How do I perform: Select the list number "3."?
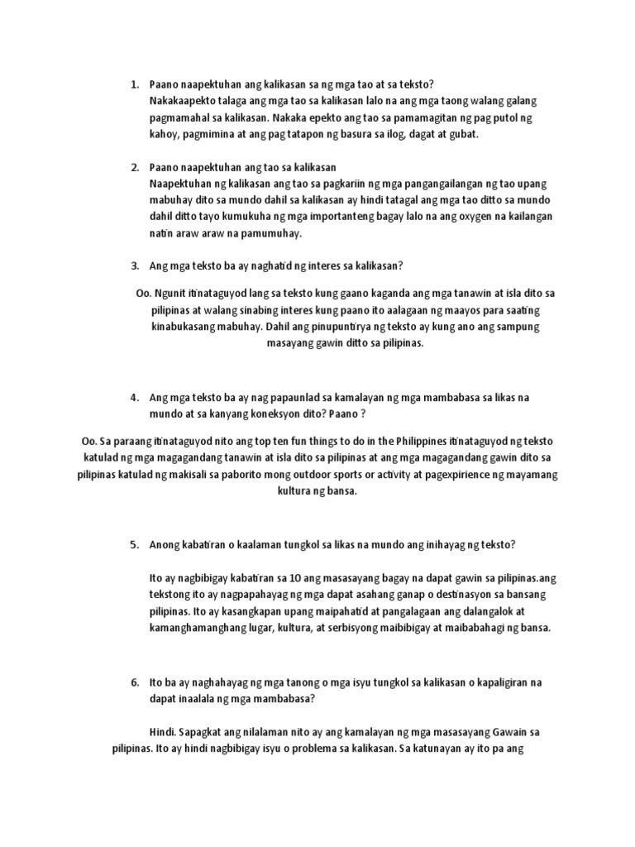(x=134, y=266)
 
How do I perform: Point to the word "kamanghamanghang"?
(x=199, y=628)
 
